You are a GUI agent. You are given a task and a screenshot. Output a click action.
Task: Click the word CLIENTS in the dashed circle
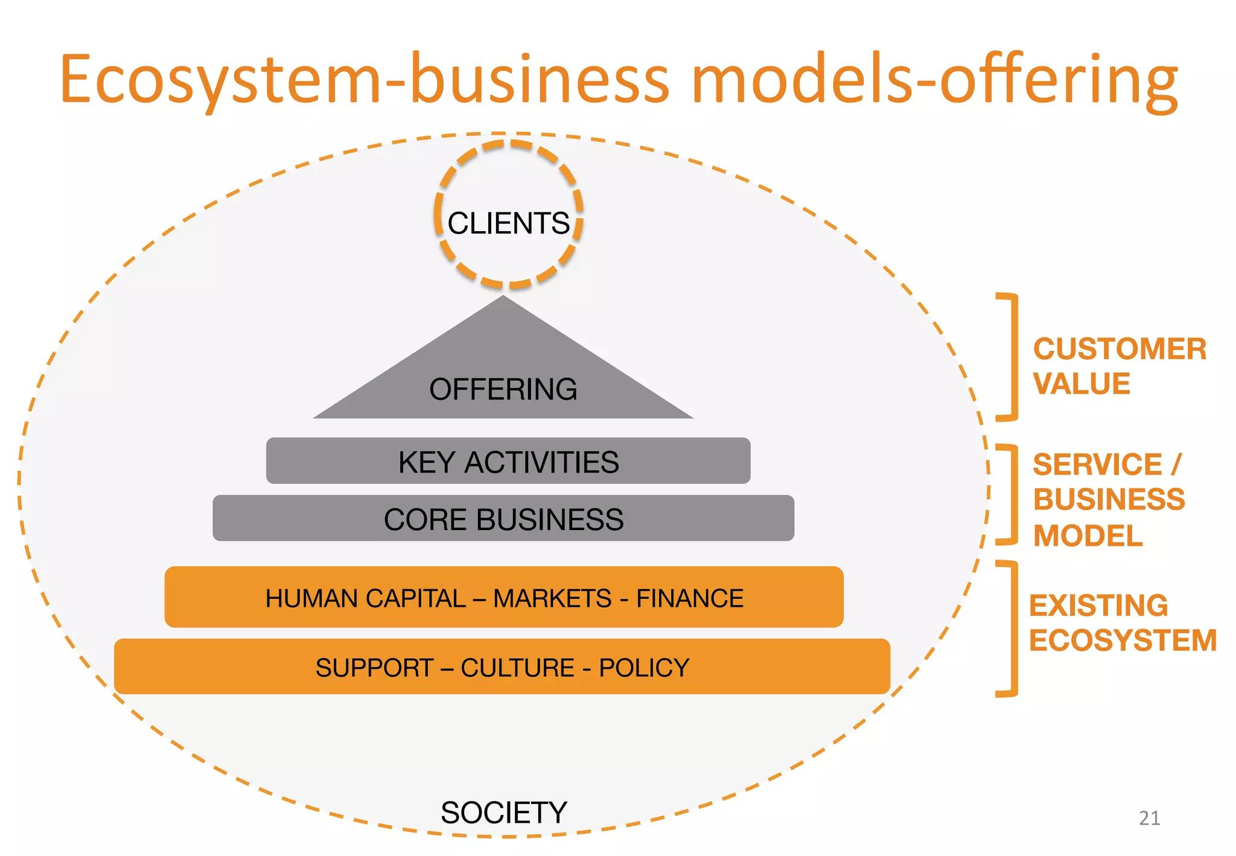[508, 223]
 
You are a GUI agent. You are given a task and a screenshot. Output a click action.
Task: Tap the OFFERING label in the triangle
[503, 389]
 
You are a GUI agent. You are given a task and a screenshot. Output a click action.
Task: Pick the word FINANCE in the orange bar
[689, 598]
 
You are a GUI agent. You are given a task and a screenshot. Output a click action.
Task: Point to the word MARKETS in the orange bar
[552, 598]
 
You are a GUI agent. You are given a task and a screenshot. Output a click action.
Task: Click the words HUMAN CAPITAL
[365, 598]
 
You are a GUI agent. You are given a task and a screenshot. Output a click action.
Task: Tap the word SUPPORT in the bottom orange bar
[374, 668]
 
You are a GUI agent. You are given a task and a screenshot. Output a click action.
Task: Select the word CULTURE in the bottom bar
[517, 668]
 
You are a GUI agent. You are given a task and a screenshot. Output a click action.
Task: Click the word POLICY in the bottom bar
[643, 668]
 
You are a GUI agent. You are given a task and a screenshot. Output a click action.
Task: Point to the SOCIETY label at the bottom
[503, 813]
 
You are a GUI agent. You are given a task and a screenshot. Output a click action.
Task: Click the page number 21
[1149, 818]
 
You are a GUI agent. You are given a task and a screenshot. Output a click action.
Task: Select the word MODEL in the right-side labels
[1088, 535]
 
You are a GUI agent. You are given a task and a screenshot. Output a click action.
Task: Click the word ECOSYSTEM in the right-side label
[1123, 640]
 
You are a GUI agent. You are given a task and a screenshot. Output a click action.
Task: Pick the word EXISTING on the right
[1098, 605]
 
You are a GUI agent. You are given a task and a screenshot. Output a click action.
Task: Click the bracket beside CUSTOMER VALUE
[1014, 357]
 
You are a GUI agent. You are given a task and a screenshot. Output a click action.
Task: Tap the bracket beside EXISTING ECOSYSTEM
[1014, 628]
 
